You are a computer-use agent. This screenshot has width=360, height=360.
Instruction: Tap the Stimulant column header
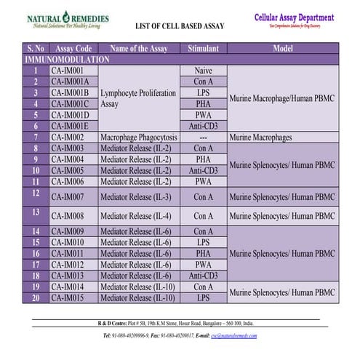pos(204,48)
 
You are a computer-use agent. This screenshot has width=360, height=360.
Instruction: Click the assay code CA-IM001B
pos(70,93)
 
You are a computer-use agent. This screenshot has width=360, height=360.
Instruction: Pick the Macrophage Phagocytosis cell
pos(138,137)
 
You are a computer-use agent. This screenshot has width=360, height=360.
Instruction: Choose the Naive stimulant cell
pos(204,71)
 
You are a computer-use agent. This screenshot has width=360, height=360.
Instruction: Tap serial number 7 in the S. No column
pos(35,137)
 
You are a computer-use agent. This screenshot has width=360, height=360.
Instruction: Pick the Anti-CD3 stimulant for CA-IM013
pos(204,276)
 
